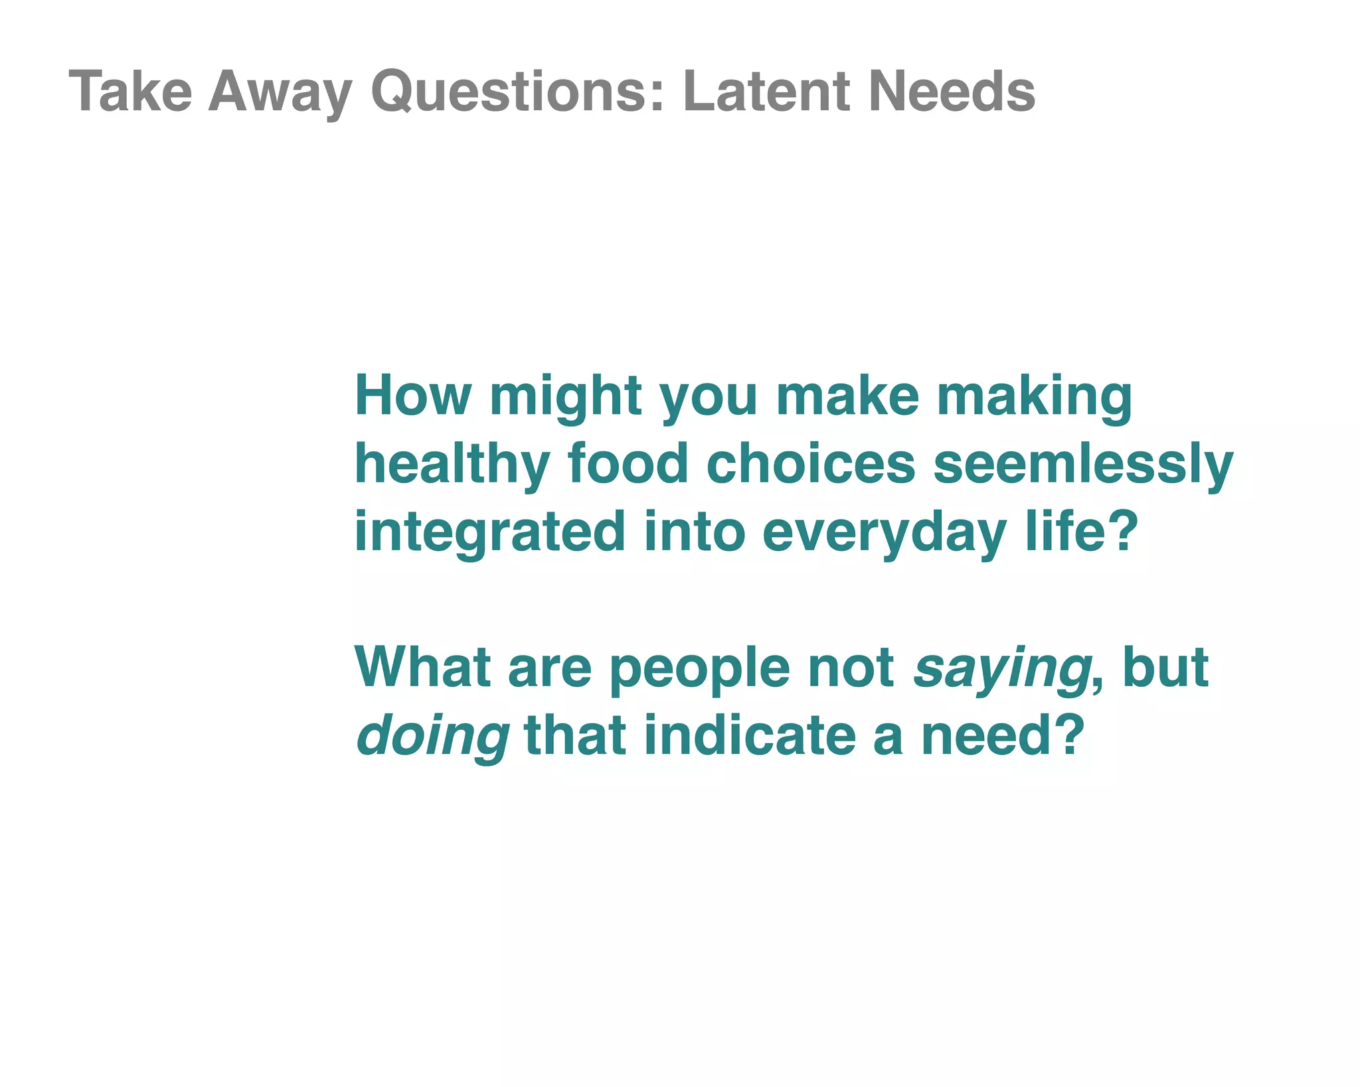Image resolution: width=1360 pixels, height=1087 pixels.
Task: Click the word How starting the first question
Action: point(412,396)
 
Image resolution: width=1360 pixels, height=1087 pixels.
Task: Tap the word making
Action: point(1034,396)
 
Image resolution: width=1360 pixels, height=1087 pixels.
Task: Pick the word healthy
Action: point(452,465)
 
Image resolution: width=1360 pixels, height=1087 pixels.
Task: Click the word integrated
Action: point(490,532)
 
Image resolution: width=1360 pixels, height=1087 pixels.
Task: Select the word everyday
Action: point(884,532)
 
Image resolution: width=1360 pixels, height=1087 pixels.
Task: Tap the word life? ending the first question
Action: point(1082,532)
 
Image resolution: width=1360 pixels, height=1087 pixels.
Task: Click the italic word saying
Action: point(1001,668)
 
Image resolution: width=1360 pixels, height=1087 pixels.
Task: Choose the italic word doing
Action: point(432,737)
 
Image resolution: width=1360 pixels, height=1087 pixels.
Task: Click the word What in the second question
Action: point(422,668)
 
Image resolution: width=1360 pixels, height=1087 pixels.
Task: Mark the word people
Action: point(699,668)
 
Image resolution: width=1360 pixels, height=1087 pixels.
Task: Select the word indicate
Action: point(750,737)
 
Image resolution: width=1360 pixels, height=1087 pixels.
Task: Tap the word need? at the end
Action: point(1002,737)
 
